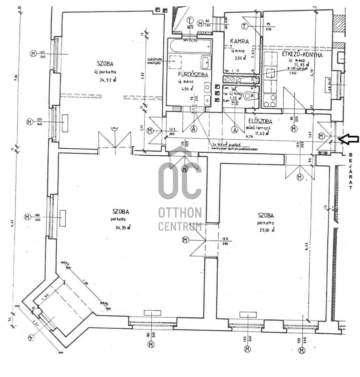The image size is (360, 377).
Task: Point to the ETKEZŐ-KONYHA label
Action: pos(302,55)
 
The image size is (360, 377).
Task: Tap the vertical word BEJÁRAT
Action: pos(351,171)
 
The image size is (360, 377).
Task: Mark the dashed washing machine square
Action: pos(174,62)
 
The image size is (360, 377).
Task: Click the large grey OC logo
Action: pos(180,180)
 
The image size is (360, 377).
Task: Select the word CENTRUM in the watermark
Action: pos(180,226)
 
